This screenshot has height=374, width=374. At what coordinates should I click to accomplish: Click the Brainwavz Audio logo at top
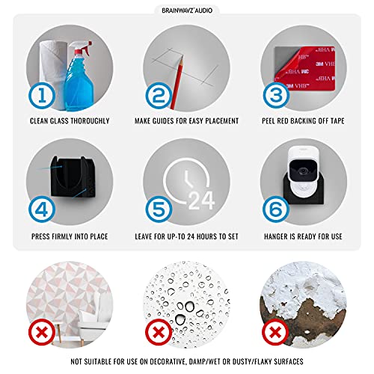(x=187, y=10)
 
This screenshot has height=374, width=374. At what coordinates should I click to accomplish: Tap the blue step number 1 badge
(x=42, y=95)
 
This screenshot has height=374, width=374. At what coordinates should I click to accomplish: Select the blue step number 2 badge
(x=159, y=95)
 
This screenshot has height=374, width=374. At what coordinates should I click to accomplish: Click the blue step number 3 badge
(x=276, y=95)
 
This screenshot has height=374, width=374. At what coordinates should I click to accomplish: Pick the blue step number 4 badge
(x=42, y=209)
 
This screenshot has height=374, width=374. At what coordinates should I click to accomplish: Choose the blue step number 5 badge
(x=159, y=209)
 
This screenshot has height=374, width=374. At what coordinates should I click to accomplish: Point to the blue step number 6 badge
(x=276, y=209)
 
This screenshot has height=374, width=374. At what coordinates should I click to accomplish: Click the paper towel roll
(x=53, y=73)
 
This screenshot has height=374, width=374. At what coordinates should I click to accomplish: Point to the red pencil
(x=177, y=83)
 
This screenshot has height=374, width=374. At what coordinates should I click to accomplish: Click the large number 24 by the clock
(x=201, y=200)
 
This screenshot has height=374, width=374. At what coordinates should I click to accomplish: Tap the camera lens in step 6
(x=303, y=171)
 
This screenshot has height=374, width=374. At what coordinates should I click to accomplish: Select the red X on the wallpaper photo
(x=42, y=332)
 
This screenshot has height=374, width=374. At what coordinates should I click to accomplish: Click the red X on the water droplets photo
(x=159, y=332)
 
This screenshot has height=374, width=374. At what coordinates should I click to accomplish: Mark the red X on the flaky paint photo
(x=275, y=332)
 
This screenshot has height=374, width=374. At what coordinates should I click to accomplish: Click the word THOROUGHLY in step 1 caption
(x=89, y=121)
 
